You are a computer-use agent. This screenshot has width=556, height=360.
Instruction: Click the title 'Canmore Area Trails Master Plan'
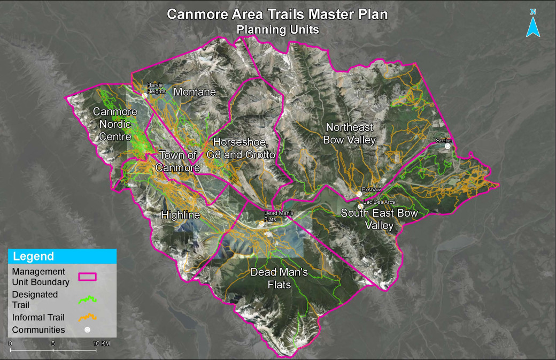point(277,14)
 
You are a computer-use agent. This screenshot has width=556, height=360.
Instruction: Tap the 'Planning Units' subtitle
point(277,30)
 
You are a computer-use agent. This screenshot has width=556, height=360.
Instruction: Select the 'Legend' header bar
point(62,256)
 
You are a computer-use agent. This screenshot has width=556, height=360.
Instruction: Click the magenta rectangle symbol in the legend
point(87,277)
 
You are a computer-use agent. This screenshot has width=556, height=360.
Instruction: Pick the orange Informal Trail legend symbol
point(87,317)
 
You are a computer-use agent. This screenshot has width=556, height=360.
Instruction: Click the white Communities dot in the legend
point(87,330)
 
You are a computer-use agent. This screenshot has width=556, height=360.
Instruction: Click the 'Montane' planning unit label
point(195,92)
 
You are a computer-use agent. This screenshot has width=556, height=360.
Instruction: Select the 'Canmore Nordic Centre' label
point(115,124)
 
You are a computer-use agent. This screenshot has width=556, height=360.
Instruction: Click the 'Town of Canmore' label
point(178,162)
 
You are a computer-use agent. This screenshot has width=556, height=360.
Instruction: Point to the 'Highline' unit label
point(181,215)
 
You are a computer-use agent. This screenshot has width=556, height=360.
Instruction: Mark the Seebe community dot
point(448,145)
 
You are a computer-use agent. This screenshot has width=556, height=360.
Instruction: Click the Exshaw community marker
point(360,195)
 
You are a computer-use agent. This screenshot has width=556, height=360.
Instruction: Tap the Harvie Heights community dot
point(144,96)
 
